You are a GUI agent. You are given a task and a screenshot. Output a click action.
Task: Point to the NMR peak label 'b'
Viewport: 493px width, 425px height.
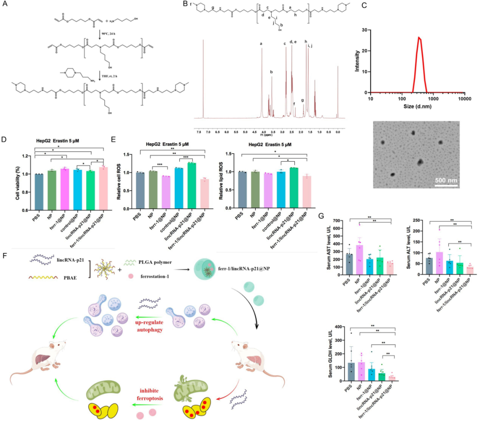[x=271, y=72]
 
